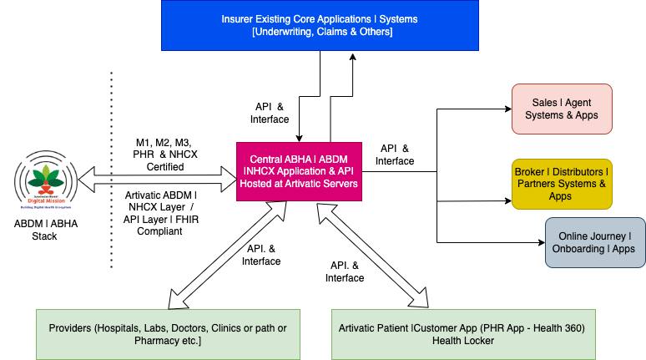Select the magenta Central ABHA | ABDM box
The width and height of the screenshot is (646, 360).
pyautogui.click(x=300, y=170)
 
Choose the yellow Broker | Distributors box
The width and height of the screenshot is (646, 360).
pyautogui.click(x=562, y=184)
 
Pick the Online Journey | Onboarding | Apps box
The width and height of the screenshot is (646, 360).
pyautogui.click(x=594, y=242)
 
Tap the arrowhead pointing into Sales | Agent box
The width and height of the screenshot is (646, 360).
pyautogui.click(x=506, y=109)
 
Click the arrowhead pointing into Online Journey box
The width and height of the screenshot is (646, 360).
pyautogui.click(x=539, y=242)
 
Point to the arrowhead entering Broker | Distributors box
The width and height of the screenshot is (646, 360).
pyautogui.click(x=506, y=200)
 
